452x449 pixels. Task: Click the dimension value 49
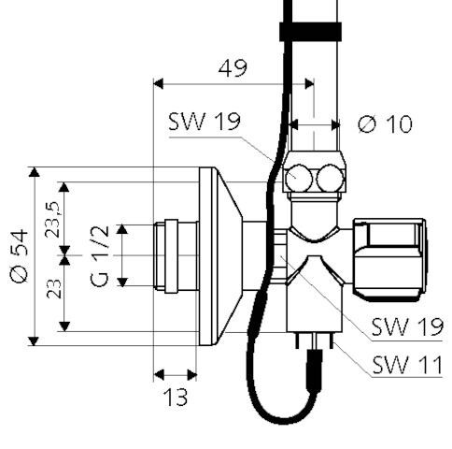pyautogui.click(x=234, y=67)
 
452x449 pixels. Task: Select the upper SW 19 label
pyautogui.click(x=205, y=122)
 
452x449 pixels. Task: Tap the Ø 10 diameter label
pyautogui.click(x=385, y=123)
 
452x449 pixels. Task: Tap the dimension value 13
pyautogui.click(x=174, y=398)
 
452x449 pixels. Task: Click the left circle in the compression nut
pyautogui.click(x=300, y=177)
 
